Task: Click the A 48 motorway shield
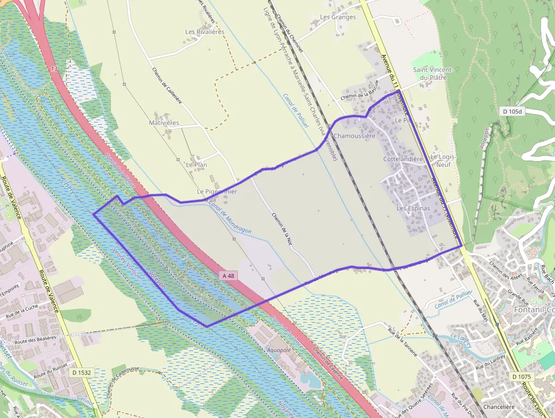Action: pos(228,276)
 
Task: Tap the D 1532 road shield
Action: pos(82,373)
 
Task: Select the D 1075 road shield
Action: pos(521,377)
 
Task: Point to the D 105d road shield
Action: pos(511,111)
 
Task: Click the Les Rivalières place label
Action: pos(205,32)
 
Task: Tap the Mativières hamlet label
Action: pos(164,123)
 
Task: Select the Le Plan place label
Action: pos(197,164)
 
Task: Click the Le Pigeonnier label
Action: pos(217,192)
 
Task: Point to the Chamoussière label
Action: pos(355,136)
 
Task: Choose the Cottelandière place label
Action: pos(403,159)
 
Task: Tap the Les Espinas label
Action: pos(413,208)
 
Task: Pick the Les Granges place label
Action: pos(338,17)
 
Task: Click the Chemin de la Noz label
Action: pos(281,229)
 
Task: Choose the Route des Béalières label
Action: pos(36,339)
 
